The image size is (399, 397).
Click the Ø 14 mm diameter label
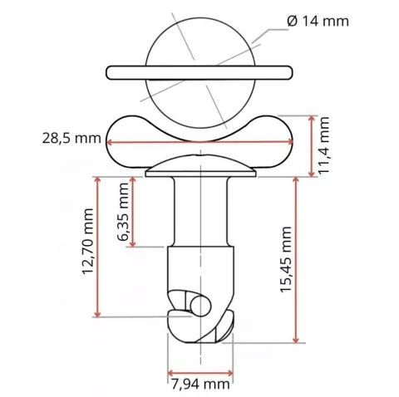point(318,21)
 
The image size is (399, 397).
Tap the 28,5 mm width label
point(71,138)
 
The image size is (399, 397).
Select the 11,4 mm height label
point(323,145)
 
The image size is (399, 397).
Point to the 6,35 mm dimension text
point(122,212)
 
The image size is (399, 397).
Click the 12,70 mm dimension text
point(88,242)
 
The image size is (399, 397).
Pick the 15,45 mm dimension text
point(286,259)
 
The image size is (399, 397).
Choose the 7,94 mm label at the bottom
point(200,385)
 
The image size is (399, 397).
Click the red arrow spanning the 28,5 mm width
point(199,142)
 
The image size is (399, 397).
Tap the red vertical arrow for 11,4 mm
point(312,146)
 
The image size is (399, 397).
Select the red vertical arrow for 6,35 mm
point(133,212)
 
